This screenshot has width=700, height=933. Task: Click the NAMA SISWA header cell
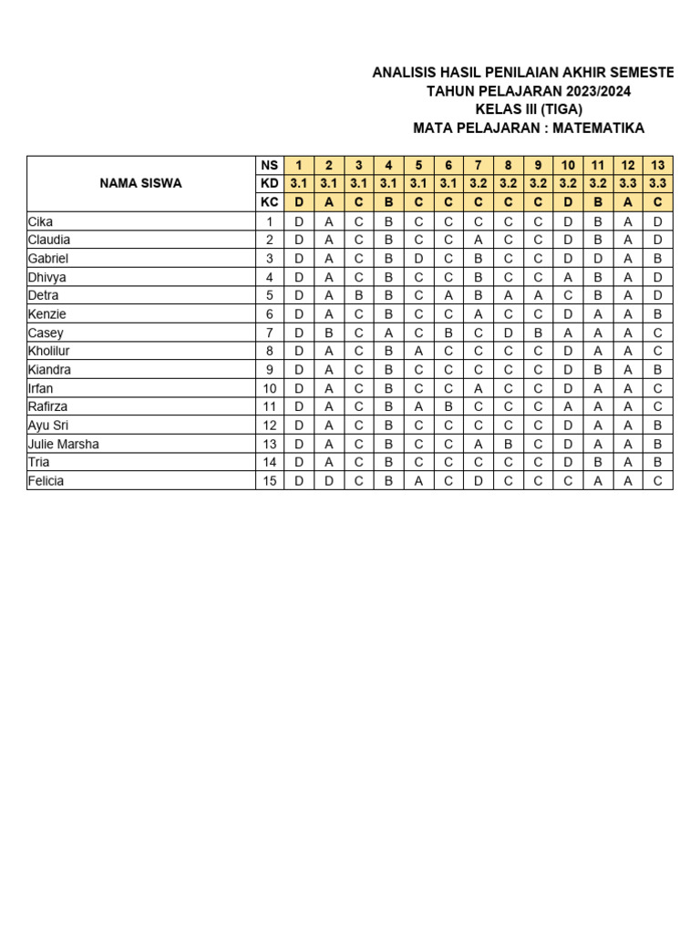click(x=140, y=183)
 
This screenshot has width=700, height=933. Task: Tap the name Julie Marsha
click(x=64, y=445)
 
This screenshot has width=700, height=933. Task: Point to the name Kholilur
click(x=49, y=352)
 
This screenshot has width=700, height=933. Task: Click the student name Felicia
click(x=46, y=481)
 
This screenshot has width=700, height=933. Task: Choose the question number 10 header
click(x=568, y=165)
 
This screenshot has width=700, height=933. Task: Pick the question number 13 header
click(x=657, y=165)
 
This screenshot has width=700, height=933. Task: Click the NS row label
click(x=269, y=165)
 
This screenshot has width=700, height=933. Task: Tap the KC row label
click(x=269, y=202)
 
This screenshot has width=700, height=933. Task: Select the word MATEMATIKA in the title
click(x=602, y=128)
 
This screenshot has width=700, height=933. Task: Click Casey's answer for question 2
click(x=329, y=333)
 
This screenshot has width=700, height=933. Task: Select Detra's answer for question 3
click(x=359, y=295)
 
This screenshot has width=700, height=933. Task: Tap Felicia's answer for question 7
click(x=479, y=481)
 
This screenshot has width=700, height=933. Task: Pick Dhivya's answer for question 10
click(x=568, y=277)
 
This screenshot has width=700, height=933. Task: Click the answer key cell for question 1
click(x=299, y=202)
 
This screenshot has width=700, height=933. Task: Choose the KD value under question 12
click(x=628, y=183)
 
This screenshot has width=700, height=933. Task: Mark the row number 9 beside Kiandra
click(x=269, y=370)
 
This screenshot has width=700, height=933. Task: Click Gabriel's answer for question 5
click(x=418, y=259)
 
